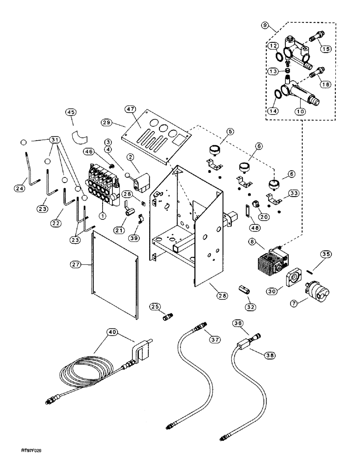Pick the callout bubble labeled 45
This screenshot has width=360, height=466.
coord(71,112)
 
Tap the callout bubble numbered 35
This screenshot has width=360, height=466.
coord(325,254)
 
